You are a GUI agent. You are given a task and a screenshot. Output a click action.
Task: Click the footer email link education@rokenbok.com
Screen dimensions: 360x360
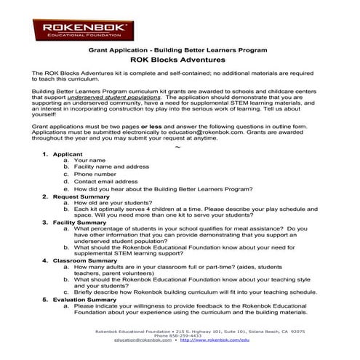[144, 340]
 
